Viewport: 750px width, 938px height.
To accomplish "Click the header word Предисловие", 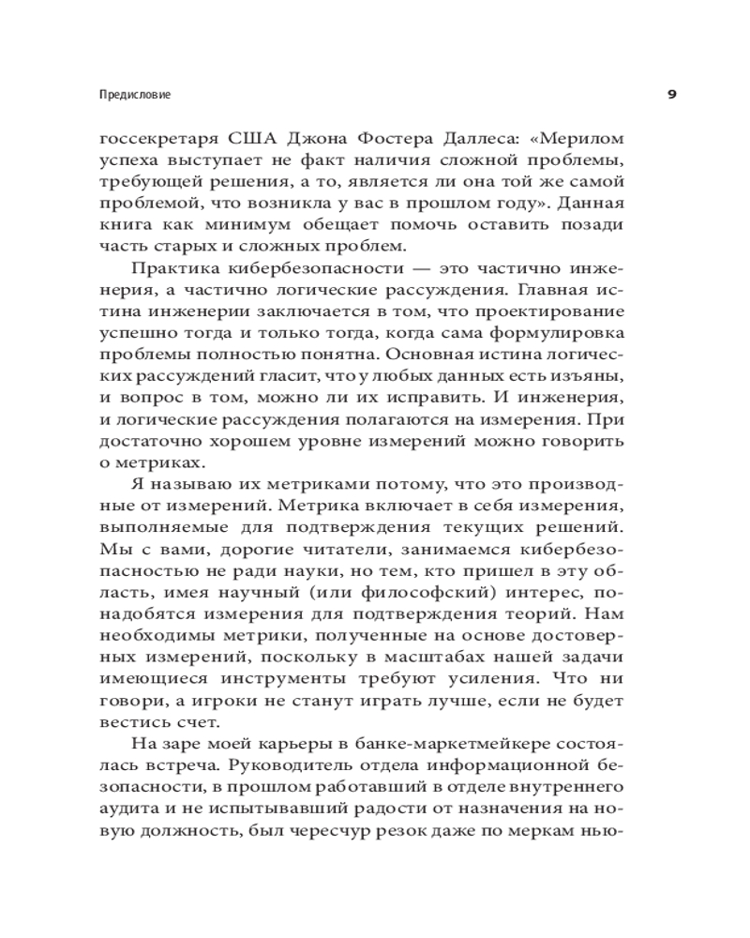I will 140,95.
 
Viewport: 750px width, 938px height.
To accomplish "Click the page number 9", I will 672,95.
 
